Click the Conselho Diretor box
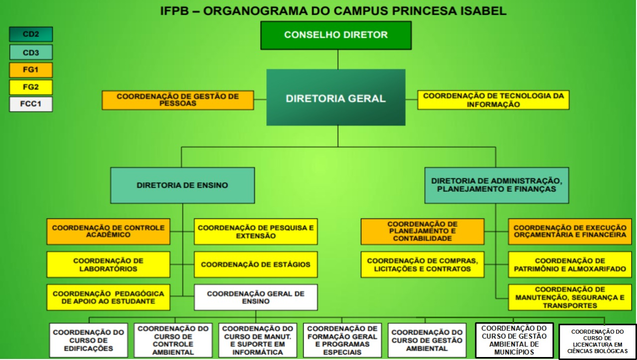point(336,35)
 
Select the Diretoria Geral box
point(336,98)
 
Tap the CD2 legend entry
point(31,34)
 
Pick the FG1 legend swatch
point(31,70)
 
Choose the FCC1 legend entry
point(31,105)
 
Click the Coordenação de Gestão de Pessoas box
point(178,100)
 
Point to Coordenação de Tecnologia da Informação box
point(493,100)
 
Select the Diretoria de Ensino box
point(182,185)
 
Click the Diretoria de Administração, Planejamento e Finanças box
point(497,185)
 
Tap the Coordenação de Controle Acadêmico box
point(108,232)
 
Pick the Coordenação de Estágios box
point(255,265)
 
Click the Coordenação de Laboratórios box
point(108,265)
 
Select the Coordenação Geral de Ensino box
point(255,297)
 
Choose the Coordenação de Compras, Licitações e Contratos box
point(423,265)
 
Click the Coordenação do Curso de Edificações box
point(89,340)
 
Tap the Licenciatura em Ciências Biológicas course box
point(597,341)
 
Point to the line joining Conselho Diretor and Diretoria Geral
point(338,59)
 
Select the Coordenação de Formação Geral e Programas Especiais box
point(342,340)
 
